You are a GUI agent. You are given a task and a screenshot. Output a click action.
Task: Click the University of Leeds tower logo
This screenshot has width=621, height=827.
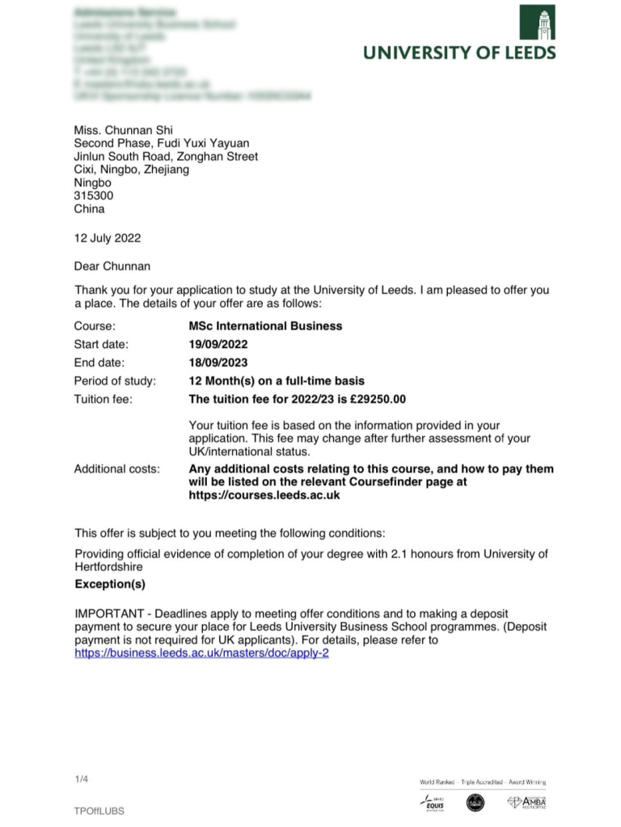point(537,23)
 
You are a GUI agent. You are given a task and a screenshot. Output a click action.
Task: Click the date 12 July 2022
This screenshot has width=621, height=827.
point(108,237)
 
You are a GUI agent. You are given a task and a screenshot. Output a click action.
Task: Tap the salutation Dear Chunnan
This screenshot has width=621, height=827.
point(112,266)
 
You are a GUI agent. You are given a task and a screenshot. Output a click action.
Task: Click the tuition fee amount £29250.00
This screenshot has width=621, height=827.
point(377,399)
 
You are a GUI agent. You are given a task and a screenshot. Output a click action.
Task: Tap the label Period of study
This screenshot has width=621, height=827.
point(115,380)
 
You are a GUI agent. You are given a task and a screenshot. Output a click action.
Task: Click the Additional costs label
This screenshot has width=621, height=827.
point(116,468)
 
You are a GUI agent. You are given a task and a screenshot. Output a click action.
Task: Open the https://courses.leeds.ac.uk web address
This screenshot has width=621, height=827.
point(264,495)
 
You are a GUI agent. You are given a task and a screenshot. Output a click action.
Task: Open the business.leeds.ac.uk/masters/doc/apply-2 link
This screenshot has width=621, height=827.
point(201,653)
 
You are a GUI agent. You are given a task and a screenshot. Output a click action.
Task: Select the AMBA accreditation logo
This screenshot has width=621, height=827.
point(526,802)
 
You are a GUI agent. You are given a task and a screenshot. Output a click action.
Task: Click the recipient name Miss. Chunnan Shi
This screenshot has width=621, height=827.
point(124,130)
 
